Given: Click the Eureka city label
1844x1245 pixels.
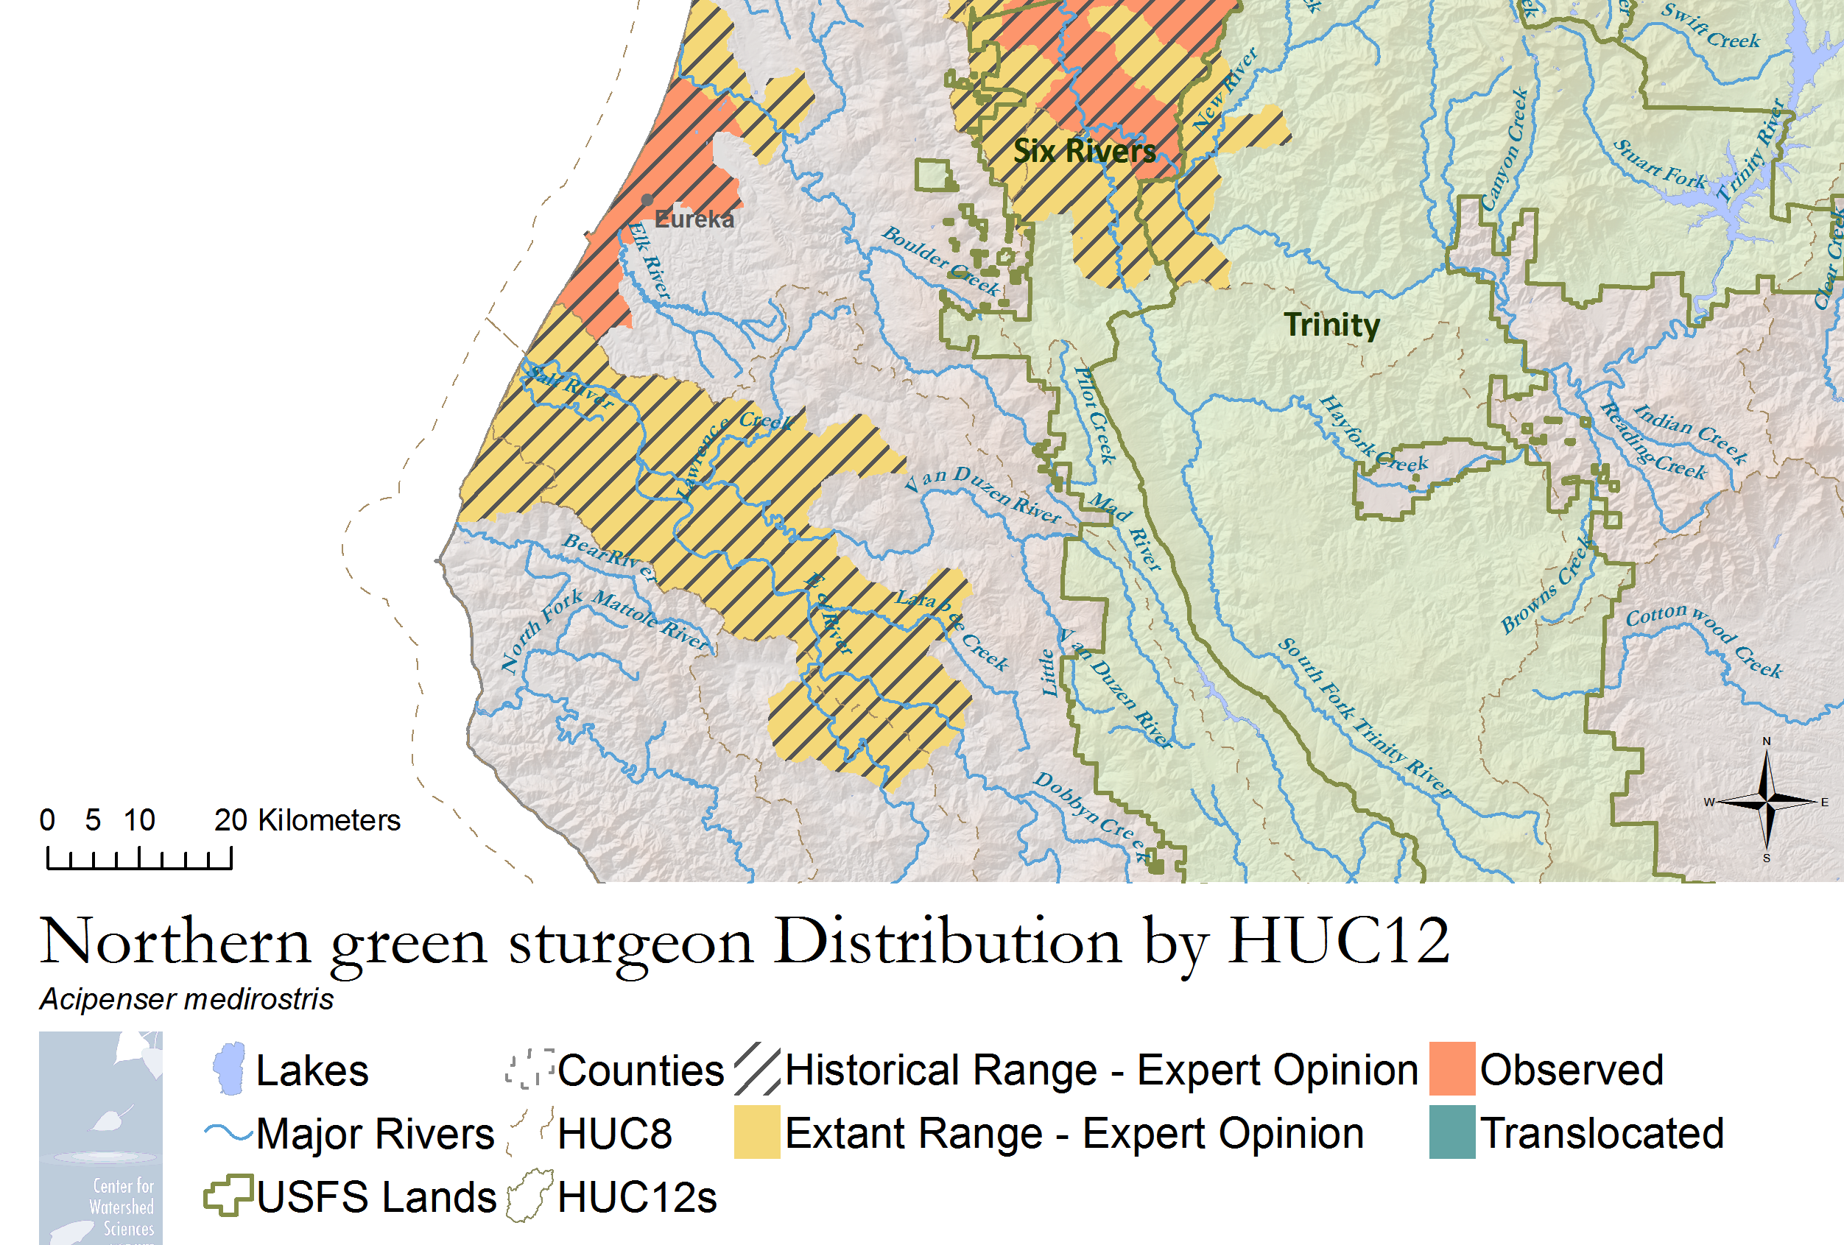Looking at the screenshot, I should tap(694, 219).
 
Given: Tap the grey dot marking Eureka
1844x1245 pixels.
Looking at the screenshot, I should tap(647, 200).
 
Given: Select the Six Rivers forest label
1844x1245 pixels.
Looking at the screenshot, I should tap(1084, 151).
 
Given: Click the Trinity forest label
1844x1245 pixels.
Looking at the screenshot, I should tap(1331, 325).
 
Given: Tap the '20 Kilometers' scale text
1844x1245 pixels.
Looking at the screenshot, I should tap(306, 819).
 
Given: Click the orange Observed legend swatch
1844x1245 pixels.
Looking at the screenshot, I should tap(1451, 1068).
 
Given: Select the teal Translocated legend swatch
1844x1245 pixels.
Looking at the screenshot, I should tap(1451, 1132).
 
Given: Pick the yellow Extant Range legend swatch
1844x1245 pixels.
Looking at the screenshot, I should tap(756, 1132).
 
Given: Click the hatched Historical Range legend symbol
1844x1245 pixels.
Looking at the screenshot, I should tap(756, 1068).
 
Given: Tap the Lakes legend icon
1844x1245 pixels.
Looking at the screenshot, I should tap(228, 1069).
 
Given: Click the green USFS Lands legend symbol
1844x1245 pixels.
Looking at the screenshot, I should tap(228, 1195).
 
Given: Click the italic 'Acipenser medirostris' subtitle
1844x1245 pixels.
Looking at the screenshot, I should tap(186, 999).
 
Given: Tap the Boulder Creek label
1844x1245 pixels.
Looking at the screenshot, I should tap(941, 261).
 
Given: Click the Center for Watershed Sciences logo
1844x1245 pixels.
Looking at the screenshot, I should tap(101, 1137).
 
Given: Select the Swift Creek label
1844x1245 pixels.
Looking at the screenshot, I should tap(1711, 27).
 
